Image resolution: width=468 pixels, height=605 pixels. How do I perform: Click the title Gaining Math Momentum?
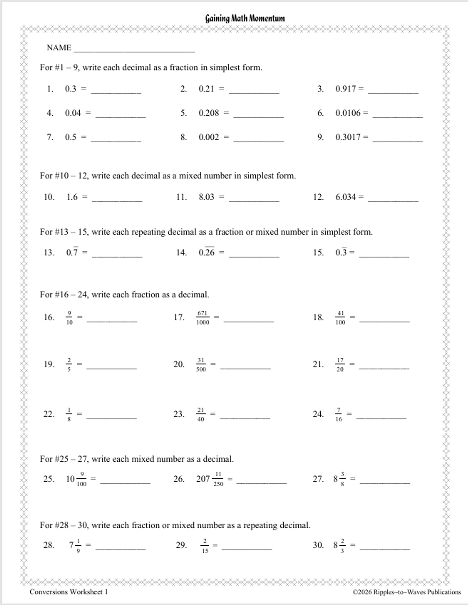tap(245, 19)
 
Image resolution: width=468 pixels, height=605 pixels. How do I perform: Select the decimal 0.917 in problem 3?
tap(345, 89)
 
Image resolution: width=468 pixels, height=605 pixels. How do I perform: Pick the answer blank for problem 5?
tap(258, 116)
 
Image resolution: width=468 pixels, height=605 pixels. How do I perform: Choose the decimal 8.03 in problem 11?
tap(206, 197)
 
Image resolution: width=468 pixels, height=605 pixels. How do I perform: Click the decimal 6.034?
tap(345, 197)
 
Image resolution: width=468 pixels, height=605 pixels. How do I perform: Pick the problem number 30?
tap(318, 545)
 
